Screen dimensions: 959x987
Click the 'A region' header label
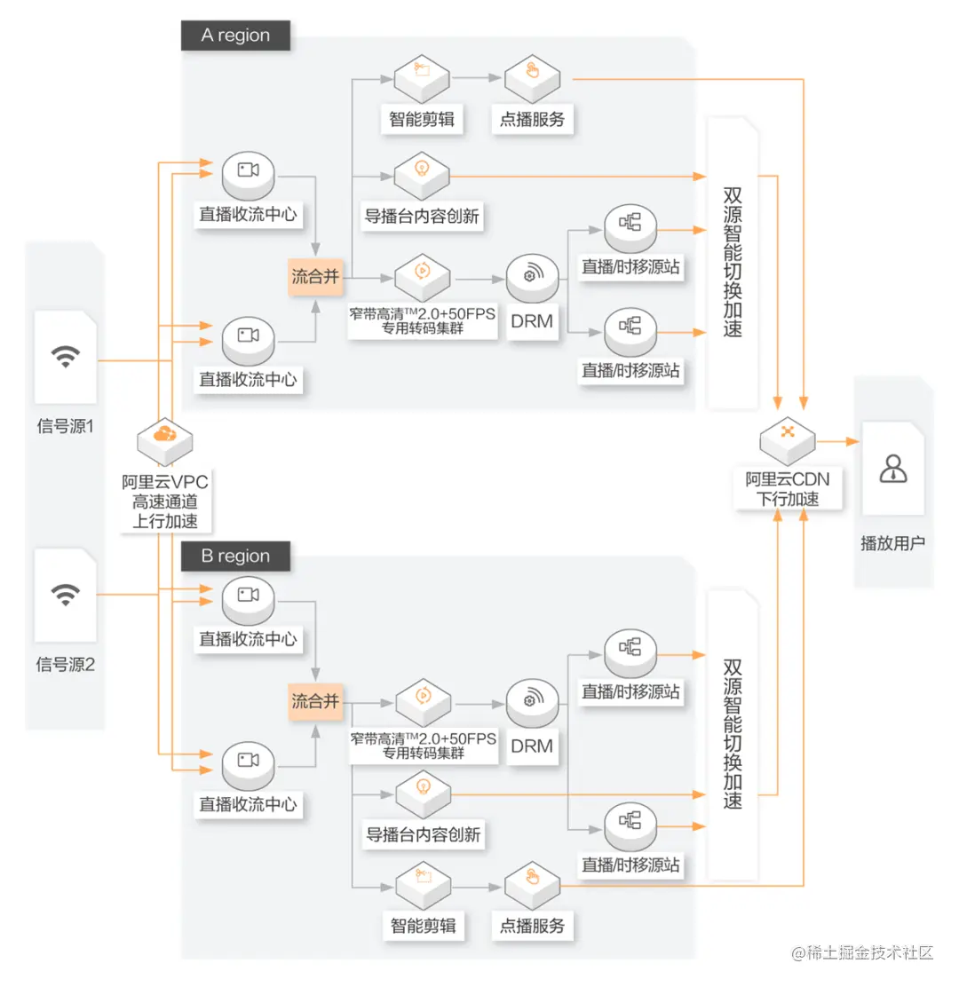[235, 36]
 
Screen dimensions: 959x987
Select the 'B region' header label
[235, 556]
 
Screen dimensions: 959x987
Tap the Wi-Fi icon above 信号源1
[66, 356]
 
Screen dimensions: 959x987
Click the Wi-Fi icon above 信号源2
[66, 595]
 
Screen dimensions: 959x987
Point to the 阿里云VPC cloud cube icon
[165, 440]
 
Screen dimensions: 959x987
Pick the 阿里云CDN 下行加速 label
[788, 489]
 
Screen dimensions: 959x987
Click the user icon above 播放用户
[893, 469]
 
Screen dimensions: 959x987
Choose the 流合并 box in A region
[315, 276]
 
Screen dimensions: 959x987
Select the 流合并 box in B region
[315, 701]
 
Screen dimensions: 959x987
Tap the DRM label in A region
[532, 321]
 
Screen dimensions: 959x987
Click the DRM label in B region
[532, 746]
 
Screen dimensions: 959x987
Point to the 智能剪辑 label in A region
[422, 119]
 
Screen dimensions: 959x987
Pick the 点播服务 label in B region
[532, 925]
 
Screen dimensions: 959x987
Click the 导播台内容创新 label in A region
[422, 217]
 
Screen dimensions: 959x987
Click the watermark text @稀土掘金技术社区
[862, 952]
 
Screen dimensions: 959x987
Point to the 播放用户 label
[893, 543]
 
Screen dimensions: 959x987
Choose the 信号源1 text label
[66, 426]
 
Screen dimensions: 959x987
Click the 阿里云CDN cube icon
[788, 440]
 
